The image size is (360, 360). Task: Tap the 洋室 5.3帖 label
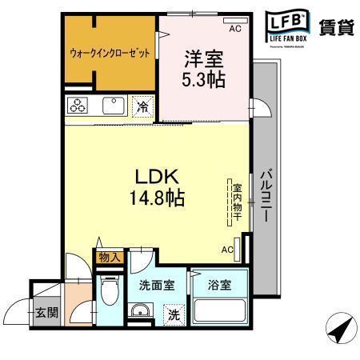(205, 67)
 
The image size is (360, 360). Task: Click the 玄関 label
(46, 311)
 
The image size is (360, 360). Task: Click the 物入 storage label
(108, 257)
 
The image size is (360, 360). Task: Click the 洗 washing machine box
(173, 314)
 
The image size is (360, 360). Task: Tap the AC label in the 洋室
(234, 30)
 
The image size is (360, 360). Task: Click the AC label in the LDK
(227, 249)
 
